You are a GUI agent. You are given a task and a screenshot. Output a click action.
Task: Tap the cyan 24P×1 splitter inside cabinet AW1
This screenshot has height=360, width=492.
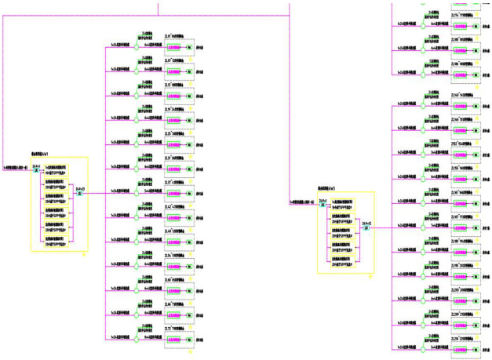coord(36,169)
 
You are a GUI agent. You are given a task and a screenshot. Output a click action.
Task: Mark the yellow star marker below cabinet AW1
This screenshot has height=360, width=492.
coord(84,253)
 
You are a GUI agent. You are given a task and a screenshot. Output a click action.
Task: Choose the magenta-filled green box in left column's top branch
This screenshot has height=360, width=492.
coord(175,47)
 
